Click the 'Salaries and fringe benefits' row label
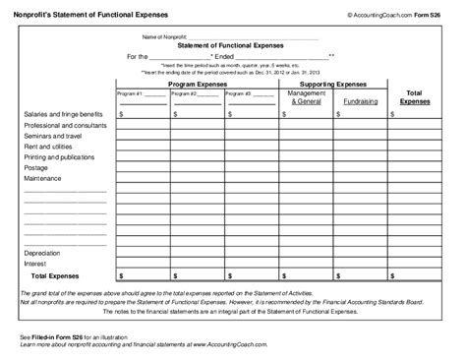[x=60, y=114]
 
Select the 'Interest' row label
[x=35, y=265]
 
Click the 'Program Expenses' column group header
[x=197, y=86]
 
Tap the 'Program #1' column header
[x=130, y=93]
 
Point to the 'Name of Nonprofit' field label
[x=161, y=36]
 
